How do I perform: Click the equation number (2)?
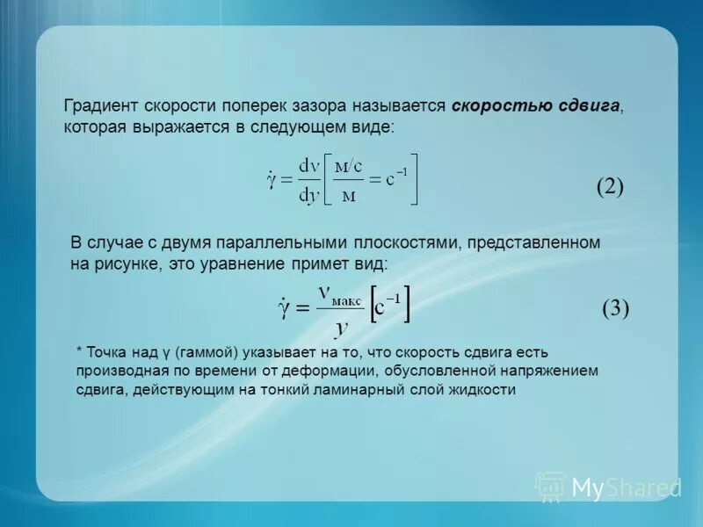(x=610, y=186)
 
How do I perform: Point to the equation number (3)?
(x=616, y=308)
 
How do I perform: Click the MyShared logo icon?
(x=551, y=487)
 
